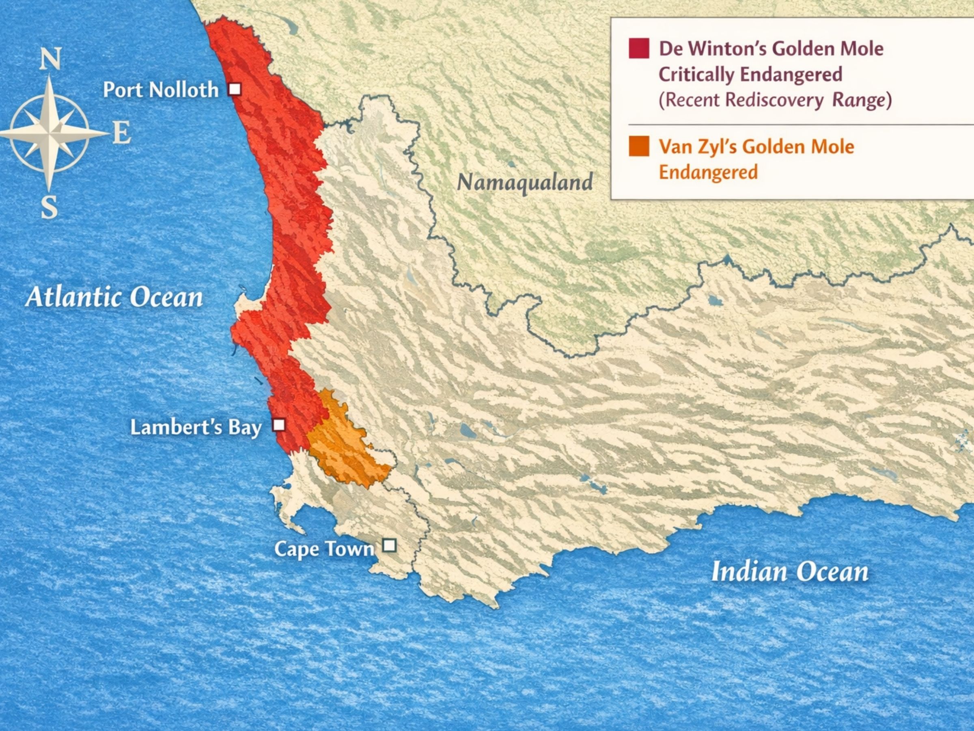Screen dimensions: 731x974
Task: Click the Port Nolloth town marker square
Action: click(235, 89)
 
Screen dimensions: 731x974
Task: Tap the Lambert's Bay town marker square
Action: click(279, 425)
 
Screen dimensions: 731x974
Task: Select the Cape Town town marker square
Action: click(389, 546)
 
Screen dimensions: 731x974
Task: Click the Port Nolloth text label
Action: click(161, 90)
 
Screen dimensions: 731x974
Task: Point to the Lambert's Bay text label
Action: click(196, 427)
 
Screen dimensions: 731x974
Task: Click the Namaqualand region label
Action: click(525, 182)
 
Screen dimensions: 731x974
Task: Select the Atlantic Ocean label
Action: click(114, 297)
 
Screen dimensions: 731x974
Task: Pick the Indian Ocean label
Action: click(790, 572)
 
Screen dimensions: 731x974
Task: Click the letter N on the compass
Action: click(50, 59)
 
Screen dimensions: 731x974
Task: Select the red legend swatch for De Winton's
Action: click(639, 48)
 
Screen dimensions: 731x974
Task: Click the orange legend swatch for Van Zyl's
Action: click(639, 146)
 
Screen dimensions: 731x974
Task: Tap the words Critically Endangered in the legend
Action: click(750, 74)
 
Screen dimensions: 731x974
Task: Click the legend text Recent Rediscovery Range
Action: click(775, 100)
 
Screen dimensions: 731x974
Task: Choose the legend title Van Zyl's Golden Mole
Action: click(756, 146)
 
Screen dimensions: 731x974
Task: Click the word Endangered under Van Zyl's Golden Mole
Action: click(708, 172)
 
